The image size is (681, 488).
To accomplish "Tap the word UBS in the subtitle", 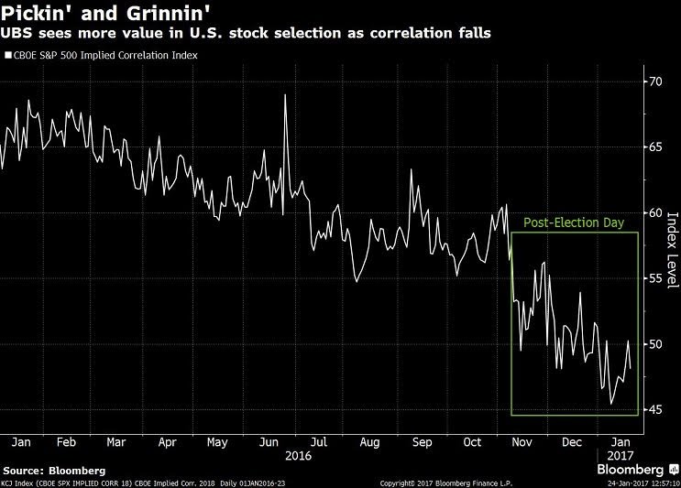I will [x=16, y=36].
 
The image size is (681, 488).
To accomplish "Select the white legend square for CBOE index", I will [x=7, y=55].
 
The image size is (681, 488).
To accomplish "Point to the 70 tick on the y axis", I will [x=654, y=81].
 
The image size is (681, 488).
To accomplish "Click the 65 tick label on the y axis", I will [x=654, y=147].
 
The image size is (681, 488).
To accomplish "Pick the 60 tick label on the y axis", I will [x=654, y=213].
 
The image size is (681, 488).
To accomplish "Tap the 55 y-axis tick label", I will [x=654, y=278].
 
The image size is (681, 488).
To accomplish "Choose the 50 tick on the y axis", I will [x=654, y=344].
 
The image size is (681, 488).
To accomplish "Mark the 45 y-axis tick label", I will [x=654, y=409].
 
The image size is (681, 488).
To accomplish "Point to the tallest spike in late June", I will [x=285, y=95].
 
